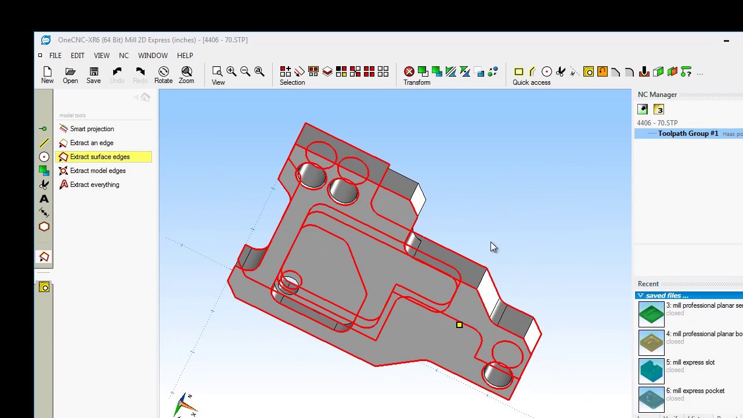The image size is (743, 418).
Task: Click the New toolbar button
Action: (x=47, y=75)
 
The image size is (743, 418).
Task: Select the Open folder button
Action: (x=70, y=75)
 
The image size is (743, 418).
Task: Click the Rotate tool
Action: (x=163, y=75)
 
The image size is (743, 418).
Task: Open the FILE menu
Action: (x=55, y=56)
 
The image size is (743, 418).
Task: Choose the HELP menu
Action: (x=185, y=56)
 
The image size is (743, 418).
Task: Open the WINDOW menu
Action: (x=153, y=56)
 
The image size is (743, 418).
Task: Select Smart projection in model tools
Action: (x=92, y=129)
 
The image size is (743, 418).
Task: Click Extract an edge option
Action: (x=91, y=143)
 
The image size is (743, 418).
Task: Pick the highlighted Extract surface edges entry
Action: (x=100, y=157)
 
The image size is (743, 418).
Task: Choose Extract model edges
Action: (x=98, y=171)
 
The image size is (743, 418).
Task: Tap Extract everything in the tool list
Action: (x=94, y=185)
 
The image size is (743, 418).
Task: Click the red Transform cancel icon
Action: (x=409, y=71)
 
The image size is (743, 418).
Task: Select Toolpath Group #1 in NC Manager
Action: (x=688, y=134)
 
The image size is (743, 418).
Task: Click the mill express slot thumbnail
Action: (x=651, y=370)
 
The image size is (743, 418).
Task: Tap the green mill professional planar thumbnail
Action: (x=651, y=313)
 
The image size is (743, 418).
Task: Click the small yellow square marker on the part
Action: (x=459, y=325)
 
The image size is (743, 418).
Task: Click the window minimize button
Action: (x=726, y=41)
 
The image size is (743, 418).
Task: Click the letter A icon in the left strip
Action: (x=44, y=199)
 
